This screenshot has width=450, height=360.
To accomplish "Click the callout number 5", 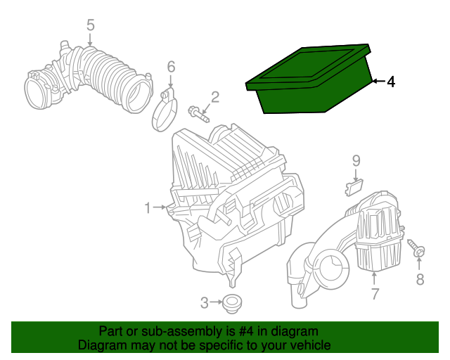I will (x=90, y=25).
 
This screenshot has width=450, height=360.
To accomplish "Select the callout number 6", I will (x=170, y=67).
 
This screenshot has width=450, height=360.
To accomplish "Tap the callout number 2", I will (x=215, y=96).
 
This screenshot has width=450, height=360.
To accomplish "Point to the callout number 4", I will (x=391, y=82).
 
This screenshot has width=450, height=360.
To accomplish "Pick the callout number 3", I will (x=205, y=303).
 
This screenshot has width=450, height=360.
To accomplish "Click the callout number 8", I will (x=420, y=281).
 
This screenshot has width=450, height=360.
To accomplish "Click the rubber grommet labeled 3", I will (x=231, y=305).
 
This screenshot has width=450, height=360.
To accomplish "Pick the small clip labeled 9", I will (x=354, y=186).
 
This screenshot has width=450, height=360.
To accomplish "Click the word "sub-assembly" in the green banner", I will (x=180, y=331).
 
